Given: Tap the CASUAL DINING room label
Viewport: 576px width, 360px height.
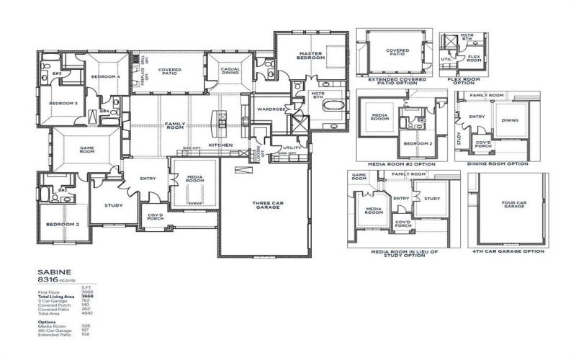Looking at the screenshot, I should [230, 70].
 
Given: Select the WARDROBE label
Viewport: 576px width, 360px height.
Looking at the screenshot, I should [270, 109].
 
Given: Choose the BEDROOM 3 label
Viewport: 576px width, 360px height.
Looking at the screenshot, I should [63, 103].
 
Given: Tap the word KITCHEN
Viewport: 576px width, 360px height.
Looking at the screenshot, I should [220, 145].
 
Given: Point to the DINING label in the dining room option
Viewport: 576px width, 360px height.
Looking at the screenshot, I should [509, 120].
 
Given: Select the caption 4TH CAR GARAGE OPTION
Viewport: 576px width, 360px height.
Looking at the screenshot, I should [507, 252].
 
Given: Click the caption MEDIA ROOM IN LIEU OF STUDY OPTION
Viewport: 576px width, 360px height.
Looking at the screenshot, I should [404, 254].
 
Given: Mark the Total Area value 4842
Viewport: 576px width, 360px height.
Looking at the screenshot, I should [88, 313].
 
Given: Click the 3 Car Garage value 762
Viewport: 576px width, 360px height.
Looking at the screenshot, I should [88, 301].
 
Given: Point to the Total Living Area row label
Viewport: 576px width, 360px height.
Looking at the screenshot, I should [55, 297].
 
